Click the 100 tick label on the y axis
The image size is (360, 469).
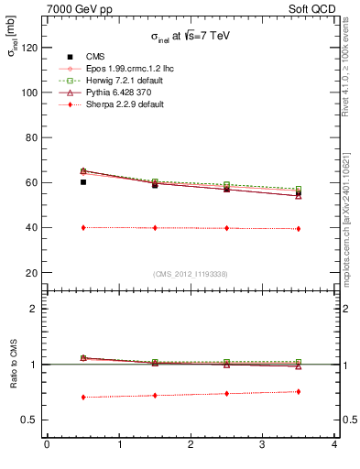[x=30, y=93]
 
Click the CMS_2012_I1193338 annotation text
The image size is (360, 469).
[x=191, y=273]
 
